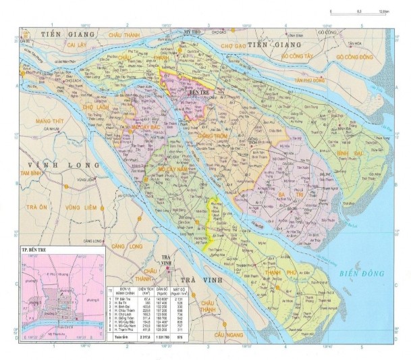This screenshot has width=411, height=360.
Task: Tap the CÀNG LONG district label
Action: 126,247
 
